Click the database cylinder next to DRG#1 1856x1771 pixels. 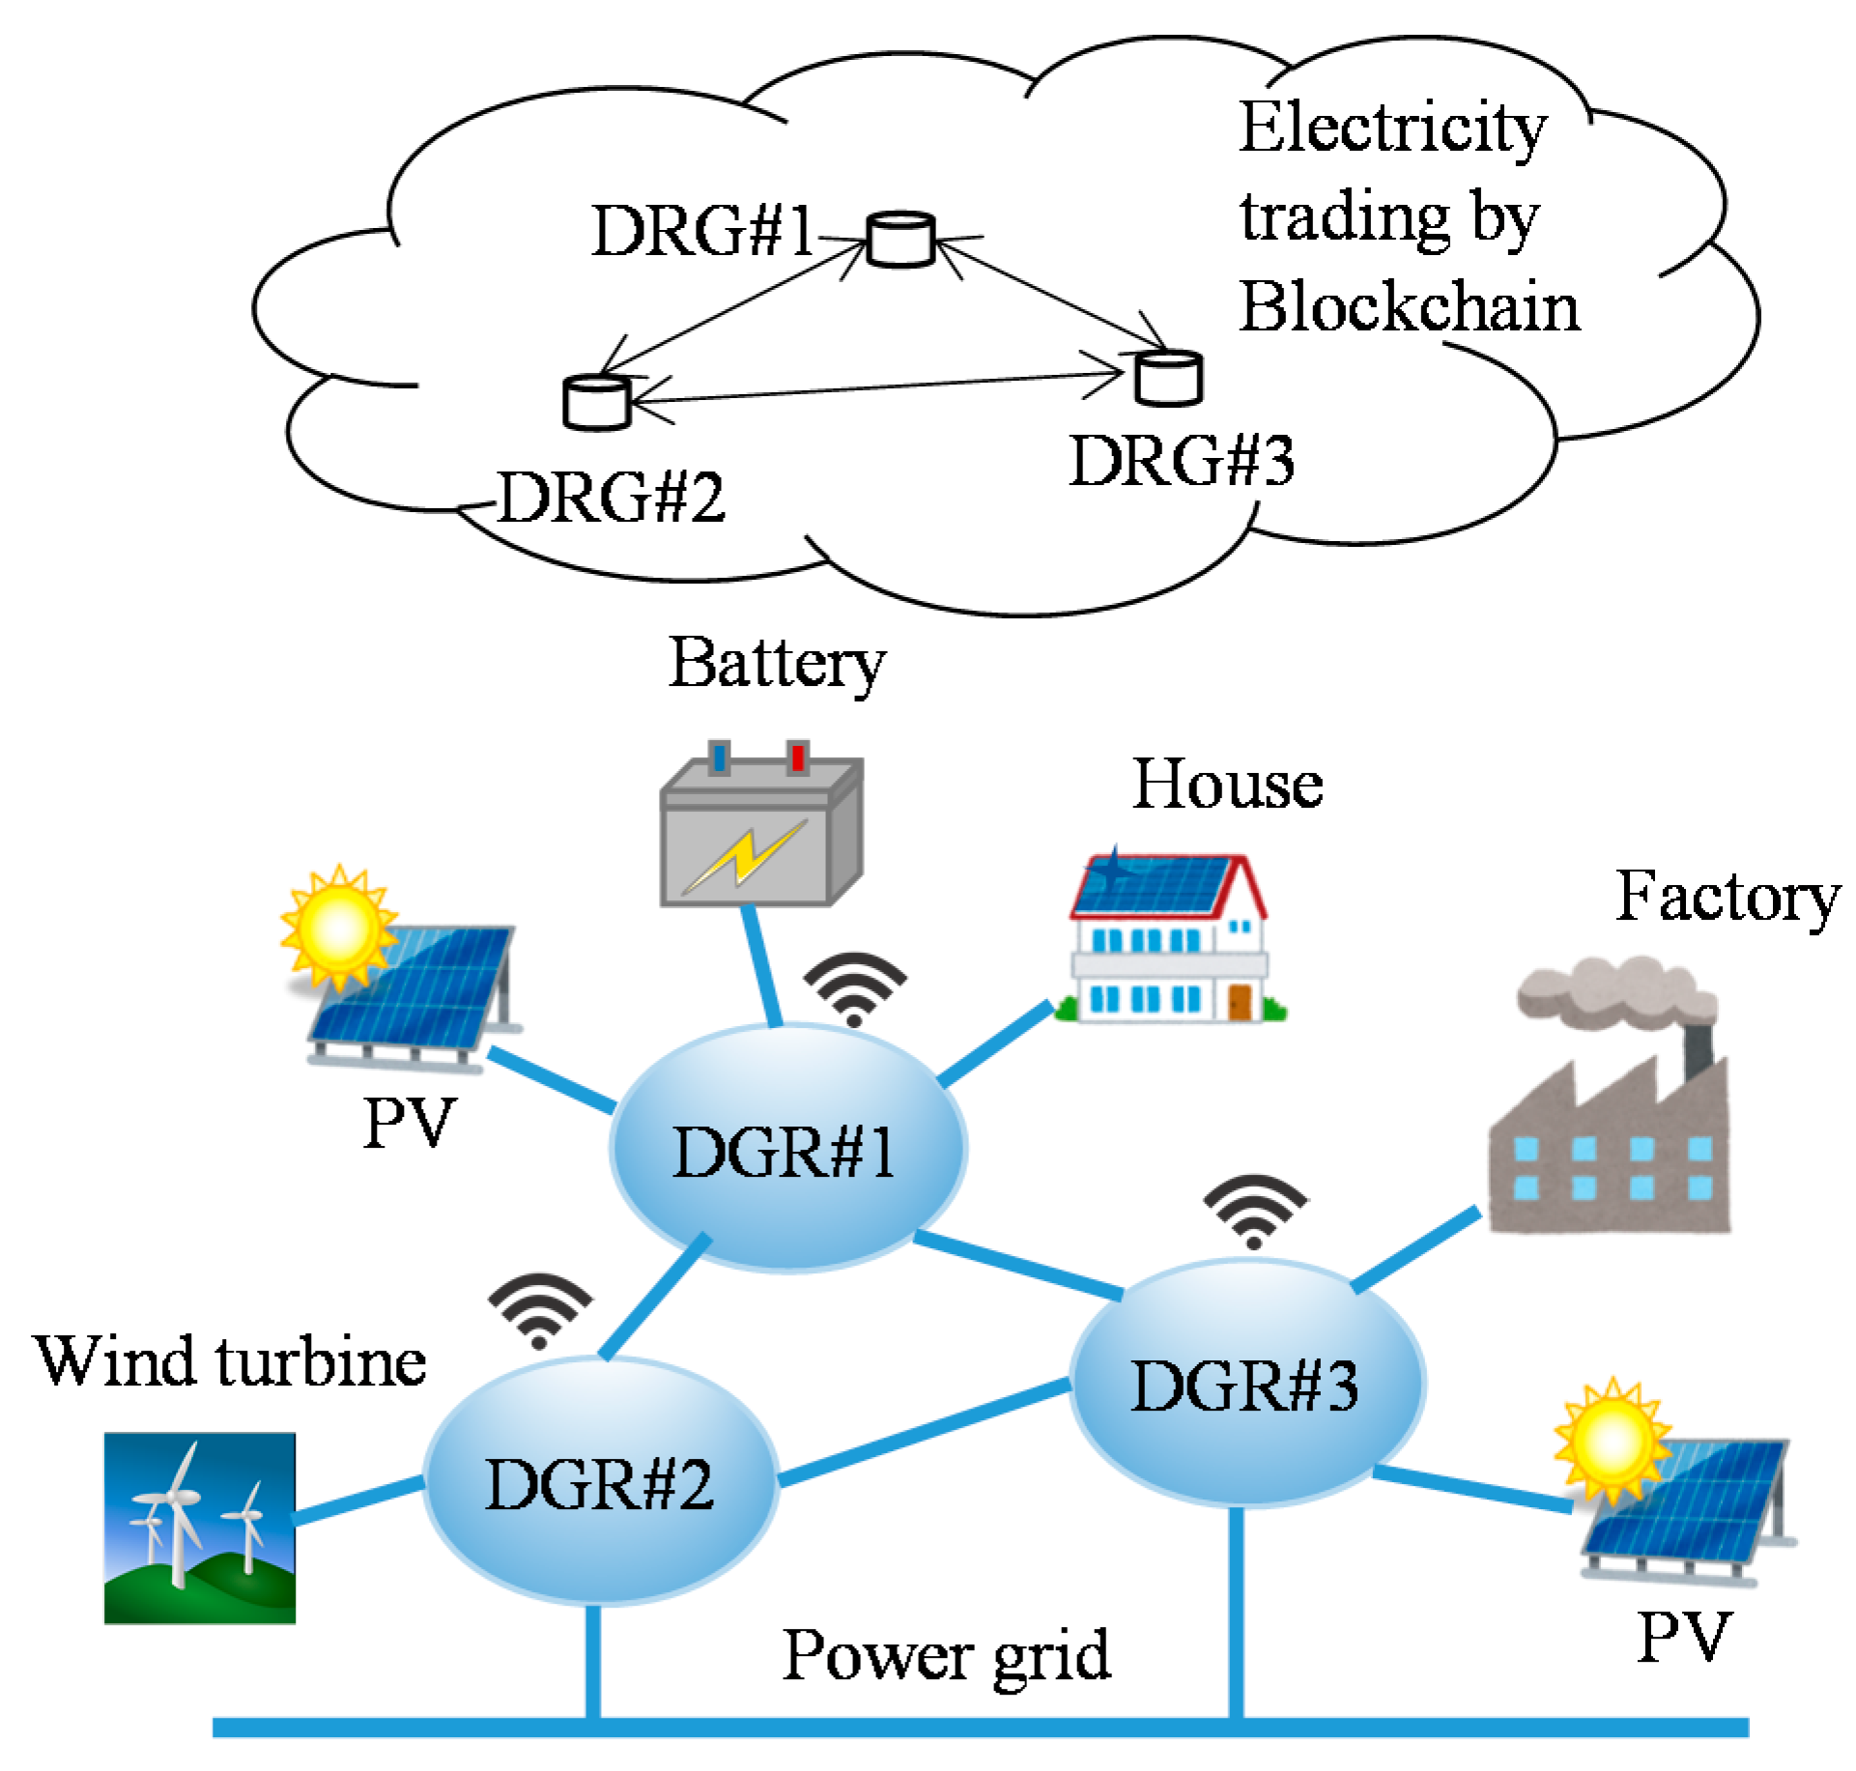[x=899, y=239]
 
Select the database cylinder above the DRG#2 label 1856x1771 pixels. [x=596, y=402]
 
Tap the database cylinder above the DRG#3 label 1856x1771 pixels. [x=1168, y=378]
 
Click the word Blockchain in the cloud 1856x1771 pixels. [x=1409, y=308]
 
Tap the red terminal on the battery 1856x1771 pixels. [x=797, y=757]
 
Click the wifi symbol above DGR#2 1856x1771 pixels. [x=540, y=1310]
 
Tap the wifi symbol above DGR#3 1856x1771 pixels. [x=1254, y=1211]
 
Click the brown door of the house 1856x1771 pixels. [x=1240, y=1001]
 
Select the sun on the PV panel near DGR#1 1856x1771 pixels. [x=337, y=926]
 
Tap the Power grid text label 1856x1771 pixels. [x=946, y=1656]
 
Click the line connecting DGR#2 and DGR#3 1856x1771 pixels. [x=925, y=1432]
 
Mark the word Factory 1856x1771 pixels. [x=1727, y=898]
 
